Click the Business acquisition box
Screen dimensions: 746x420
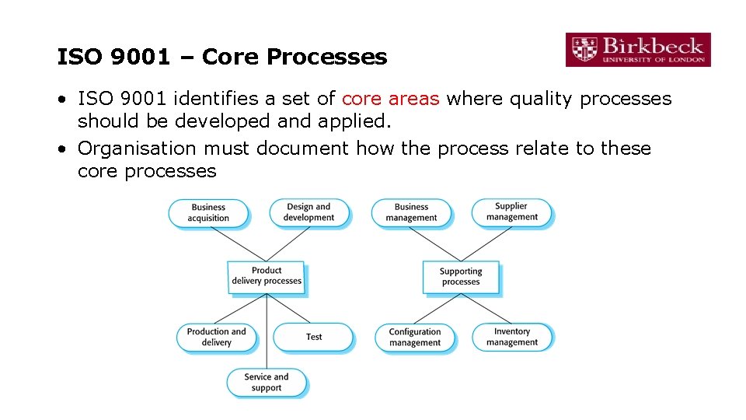point(208,213)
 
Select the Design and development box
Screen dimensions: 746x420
point(309,212)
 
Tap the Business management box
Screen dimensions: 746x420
point(411,212)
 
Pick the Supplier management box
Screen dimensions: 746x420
point(511,212)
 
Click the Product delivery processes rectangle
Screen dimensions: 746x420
point(267,276)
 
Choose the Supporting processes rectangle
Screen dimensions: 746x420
point(461,277)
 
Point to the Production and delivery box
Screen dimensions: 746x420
point(216,337)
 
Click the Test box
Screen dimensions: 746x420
point(313,337)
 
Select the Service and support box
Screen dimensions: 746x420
point(266,382)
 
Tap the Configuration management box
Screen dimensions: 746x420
point(414,337)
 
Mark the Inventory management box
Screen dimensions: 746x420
point(511,337)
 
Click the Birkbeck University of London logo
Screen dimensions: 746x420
point(637,50)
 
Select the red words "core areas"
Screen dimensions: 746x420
point(391,99)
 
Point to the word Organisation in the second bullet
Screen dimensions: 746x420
point(138,148)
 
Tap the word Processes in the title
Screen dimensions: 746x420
point(326,57)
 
